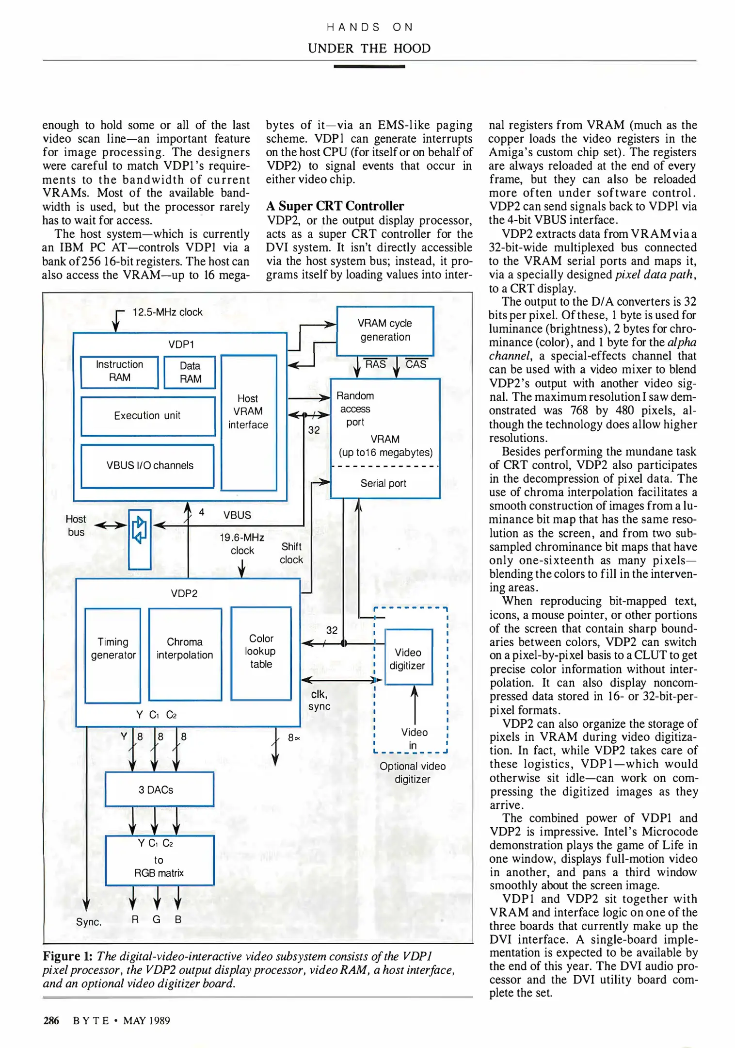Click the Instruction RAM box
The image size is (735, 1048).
point(119,372)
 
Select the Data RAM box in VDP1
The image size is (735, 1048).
point(190,372)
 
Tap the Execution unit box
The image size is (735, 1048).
point(147,416)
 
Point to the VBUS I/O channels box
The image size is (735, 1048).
point(147,466)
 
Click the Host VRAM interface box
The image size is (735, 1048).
point(248,422)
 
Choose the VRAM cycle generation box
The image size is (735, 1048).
point(385,330)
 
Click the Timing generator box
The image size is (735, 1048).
point(113,655)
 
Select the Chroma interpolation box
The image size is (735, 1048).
point(185,654)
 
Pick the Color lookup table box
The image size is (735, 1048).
point(261,653)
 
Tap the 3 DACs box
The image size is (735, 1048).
point(159,789)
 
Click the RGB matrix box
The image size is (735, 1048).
point(159,860)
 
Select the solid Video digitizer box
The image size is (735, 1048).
point(408,657)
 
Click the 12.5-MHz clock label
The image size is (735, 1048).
point(167,312)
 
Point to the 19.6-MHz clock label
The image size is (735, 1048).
point(242,544)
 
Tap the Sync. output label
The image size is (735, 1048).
point(89,922)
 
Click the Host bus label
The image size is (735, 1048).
point(76,525)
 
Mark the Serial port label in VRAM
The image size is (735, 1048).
point(383,483)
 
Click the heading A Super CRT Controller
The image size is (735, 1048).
point(335,206)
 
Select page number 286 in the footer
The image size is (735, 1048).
point(51,1020)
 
